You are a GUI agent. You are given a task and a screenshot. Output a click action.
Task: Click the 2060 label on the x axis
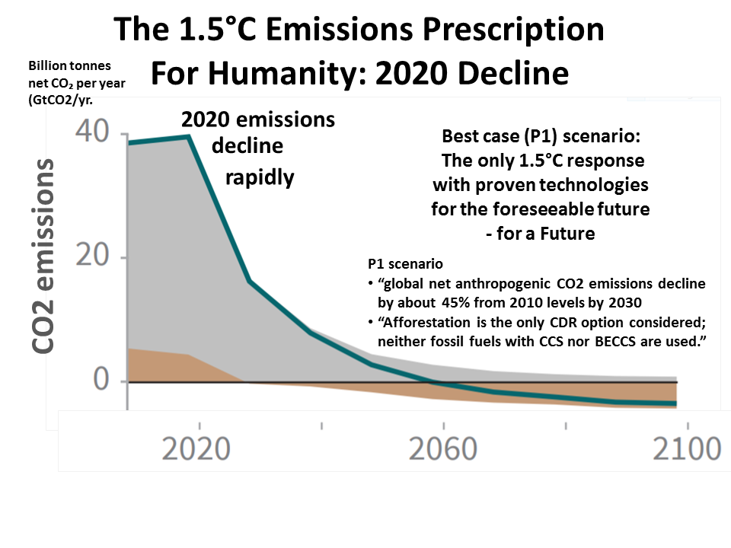tap(442, 448)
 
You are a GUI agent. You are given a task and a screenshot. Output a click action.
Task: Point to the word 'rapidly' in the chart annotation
tap(259, 177)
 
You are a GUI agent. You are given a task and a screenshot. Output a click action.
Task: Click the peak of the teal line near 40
tap(188, 137)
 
